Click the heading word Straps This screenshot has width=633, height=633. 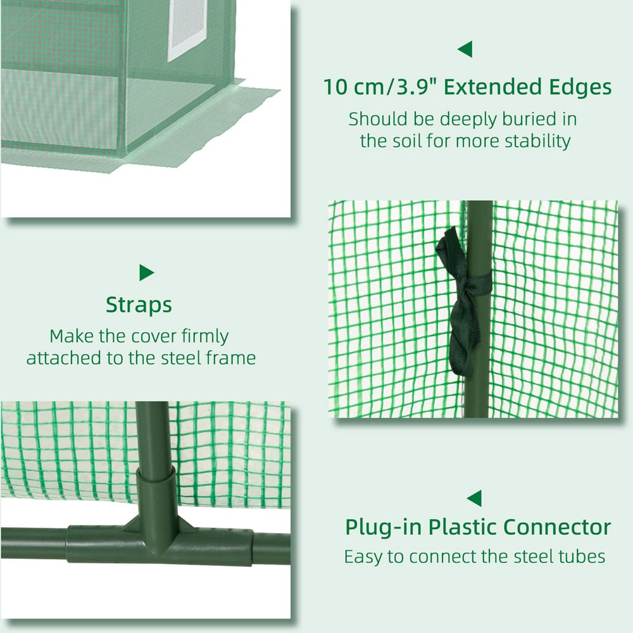[x=139, y=305]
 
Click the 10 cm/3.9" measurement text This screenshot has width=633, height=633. [x=382, y=87]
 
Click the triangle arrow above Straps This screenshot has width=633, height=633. [x=146, y=272]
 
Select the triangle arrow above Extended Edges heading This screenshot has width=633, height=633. [x=465, y=49]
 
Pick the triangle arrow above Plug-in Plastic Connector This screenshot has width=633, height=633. [x=474, y=498]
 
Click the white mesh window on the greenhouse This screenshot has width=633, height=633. [x=187, y=29]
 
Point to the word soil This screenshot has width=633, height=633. [x=405, y=141]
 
